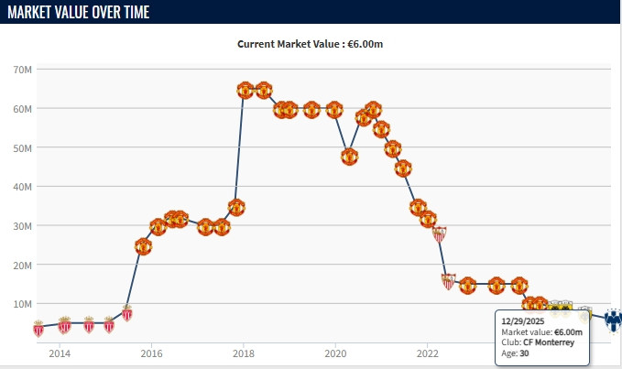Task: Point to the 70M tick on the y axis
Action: coord(22,70)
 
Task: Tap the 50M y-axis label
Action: coord(22,147)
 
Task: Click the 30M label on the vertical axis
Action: coord(22,225)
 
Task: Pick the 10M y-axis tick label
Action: coord(22,303)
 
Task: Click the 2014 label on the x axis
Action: coord(60,353)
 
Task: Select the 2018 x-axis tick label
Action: coord(243,353)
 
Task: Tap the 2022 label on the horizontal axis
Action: coord(427,353)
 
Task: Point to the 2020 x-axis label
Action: coord(335,353)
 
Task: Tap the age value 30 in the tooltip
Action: coord(524,353)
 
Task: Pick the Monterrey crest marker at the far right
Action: coord(613,319)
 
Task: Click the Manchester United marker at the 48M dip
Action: coord(349,156)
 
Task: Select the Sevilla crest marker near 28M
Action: coord(440,233)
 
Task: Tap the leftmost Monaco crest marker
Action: coord(38,329)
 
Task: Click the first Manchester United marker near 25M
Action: coord(143,247)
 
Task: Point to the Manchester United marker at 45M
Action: coord(403,168)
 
